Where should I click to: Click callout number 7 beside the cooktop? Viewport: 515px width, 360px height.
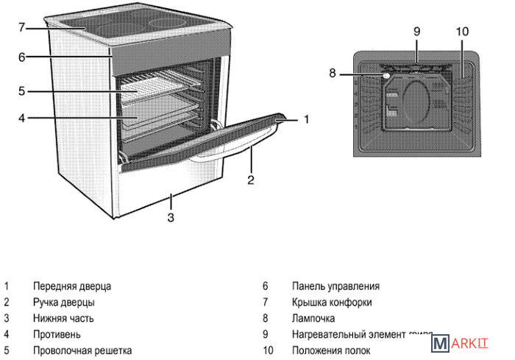tap(22, 28)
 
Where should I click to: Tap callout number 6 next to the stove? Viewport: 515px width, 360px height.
tap(22, 57)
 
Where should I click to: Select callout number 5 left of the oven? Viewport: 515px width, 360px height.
tap(22, 91)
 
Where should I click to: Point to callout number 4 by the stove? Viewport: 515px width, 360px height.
tap(22, 117)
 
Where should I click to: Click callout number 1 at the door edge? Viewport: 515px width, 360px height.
tap(307, 118)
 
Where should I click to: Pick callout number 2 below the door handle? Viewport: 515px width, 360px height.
tap(250, 178)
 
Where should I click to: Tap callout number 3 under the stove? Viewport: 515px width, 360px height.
tap(171, 217)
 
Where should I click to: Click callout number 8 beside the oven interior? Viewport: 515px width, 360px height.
tap(333, 73)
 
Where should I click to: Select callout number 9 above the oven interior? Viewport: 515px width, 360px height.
tap(416, 32)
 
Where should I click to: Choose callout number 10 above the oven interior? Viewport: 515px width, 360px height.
tap(462, 32)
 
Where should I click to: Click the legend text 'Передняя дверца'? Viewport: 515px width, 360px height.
tap(72, 286)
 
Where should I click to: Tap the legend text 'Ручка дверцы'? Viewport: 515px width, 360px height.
tap(64, 303)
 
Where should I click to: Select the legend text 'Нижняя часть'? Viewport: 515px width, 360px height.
tap(63, 319)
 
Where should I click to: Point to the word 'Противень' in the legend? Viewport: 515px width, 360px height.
tap(57, 335)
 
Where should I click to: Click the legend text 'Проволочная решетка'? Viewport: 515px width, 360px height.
tap(82, 351)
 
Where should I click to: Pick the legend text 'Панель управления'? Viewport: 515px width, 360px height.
tap(335, 286)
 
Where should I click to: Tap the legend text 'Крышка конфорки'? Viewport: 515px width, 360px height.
tap(332, 303)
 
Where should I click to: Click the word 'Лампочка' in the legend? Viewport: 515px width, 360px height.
tap(313, 319)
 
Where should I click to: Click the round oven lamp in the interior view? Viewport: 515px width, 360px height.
tap(386, 74)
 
